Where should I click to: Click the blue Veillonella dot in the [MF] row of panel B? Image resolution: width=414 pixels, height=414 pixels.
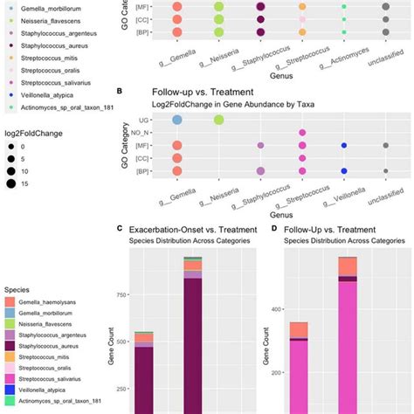tap(344, 145)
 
